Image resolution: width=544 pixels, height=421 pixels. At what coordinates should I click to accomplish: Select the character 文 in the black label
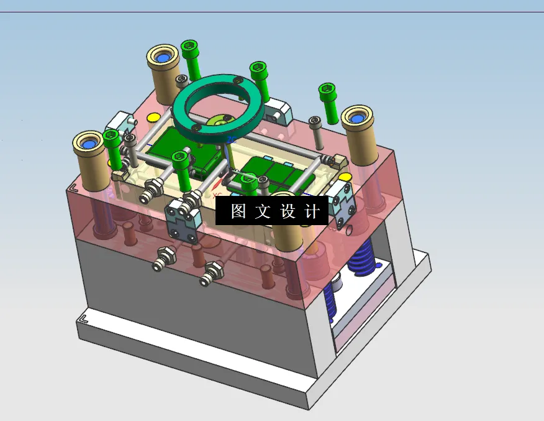[x=263, y=211]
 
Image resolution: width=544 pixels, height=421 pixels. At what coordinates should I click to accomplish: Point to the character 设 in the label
[x=288, y=211]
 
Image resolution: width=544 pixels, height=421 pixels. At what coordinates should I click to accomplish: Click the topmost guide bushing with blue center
[x=163, y=65]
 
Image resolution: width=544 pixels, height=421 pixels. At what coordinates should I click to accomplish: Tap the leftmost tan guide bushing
[x=91, y=153]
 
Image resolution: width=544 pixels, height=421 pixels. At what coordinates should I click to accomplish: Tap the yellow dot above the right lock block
[x=345, y=177]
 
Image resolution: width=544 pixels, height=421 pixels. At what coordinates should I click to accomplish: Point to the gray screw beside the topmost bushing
[x=182, y=81]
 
